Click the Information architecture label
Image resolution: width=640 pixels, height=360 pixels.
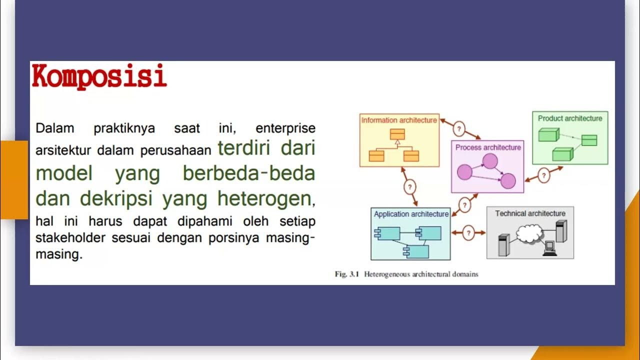coord(399,120)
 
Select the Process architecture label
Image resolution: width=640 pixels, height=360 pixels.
coord(488,147)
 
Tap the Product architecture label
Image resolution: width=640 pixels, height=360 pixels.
coord(570,118)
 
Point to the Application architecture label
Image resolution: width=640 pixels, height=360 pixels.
coord(411,214)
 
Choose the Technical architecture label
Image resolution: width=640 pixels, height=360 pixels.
coord(530,213)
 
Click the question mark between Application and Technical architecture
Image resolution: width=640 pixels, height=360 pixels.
coord(468,232)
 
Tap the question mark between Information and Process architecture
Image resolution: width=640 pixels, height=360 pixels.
coord(459,129)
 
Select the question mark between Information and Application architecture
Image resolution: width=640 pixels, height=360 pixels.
coord(409,187)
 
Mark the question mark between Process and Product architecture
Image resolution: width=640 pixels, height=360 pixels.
coord(543,175)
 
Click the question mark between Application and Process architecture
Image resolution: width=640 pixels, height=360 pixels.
coord(465,205)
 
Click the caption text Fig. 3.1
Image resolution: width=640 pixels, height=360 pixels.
coord(347,274)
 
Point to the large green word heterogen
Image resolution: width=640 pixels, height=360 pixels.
coord(264,198)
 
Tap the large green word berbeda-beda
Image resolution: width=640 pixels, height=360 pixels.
coord(248,173)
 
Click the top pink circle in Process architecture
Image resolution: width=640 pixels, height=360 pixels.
coord(490,161)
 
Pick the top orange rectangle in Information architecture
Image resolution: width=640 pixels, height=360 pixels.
coord(397,134)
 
